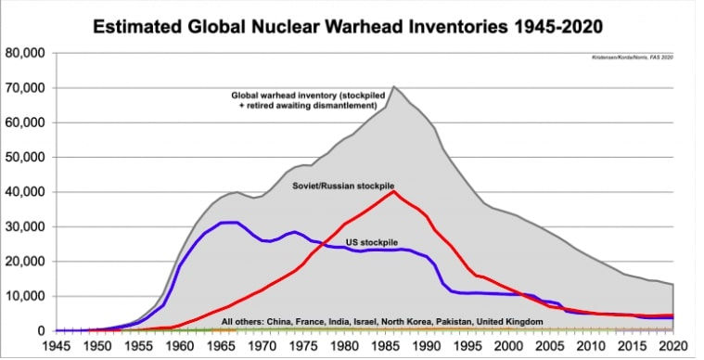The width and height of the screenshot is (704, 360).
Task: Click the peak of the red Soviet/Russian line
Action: (393, 192)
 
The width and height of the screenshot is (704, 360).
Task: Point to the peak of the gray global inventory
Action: (393, 86)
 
